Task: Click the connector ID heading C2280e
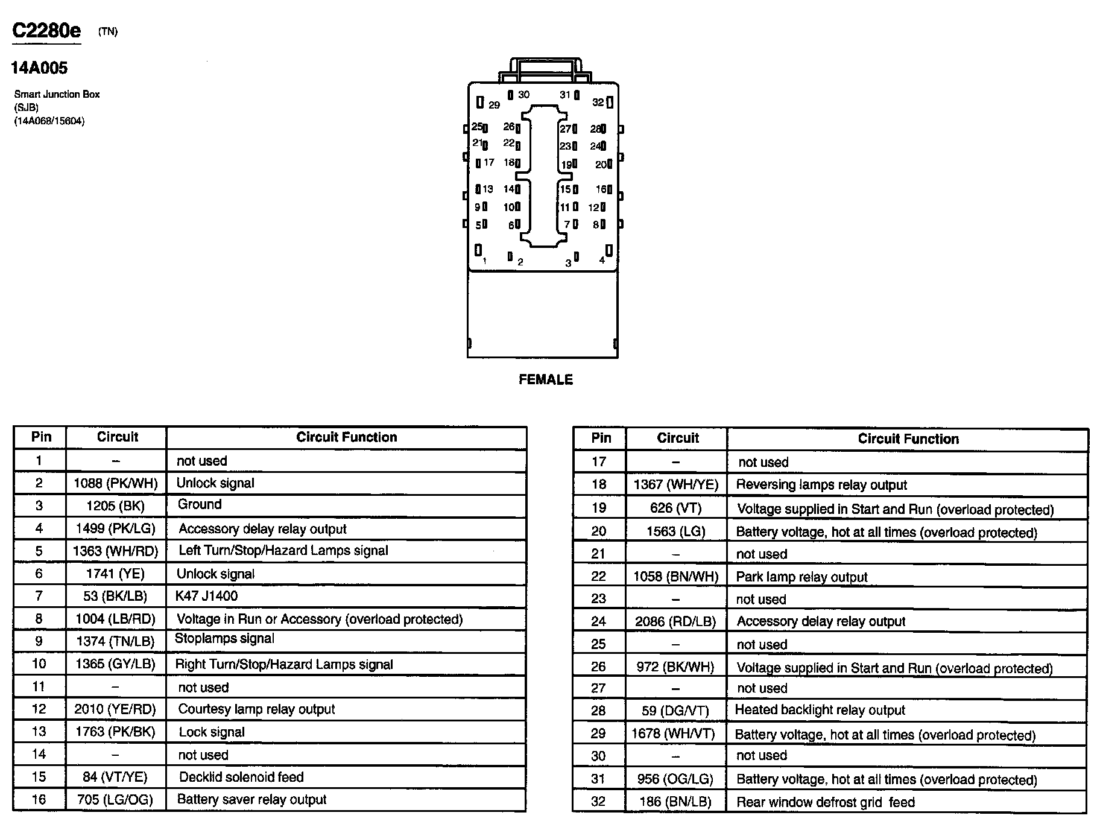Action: [46, 31]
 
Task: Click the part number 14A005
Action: [39, 68]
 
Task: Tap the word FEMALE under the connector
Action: [545, 379]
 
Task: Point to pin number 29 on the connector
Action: [494, 105]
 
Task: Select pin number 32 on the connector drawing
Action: [598, 103]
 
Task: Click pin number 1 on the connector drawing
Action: [484, 261]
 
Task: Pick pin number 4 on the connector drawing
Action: [602, 260]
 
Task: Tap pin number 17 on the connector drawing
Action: [488, 163]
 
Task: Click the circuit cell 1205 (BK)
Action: [116, 505]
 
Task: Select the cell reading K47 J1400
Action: [206, 596]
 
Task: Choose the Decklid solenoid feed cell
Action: [241, 777]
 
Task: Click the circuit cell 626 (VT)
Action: [675, 508]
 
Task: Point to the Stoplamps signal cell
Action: [224, 638]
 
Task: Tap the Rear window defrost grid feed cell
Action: [825, 802]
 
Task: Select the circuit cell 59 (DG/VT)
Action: [675, 711]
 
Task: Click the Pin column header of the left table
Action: [41, 437]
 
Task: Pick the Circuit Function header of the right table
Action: [908, 439]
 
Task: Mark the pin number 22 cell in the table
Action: [598, 576]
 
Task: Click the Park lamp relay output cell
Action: [801, 577]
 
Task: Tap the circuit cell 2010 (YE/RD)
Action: [115, 709]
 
